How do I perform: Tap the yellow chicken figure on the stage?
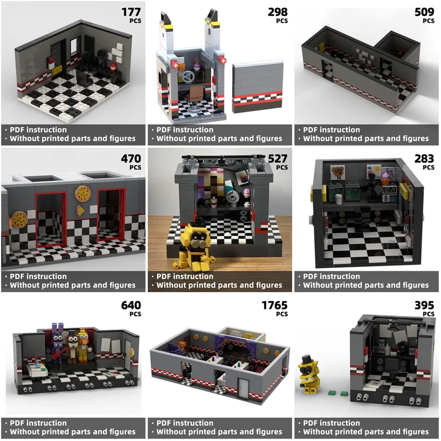coord(83,345)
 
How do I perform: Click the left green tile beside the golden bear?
coord(331,392)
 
